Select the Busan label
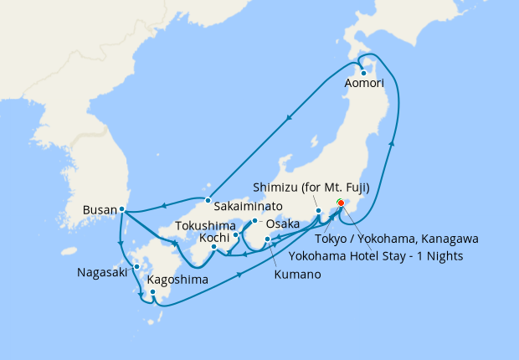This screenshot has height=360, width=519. point(100,209)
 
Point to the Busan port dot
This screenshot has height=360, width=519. point(122,208)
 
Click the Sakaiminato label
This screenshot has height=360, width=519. point(247,205)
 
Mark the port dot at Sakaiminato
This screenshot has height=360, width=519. point(208,199)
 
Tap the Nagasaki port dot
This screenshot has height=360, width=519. point(136,271)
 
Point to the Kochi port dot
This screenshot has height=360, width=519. point(215,246)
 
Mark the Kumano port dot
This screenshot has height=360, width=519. point(267,240)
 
